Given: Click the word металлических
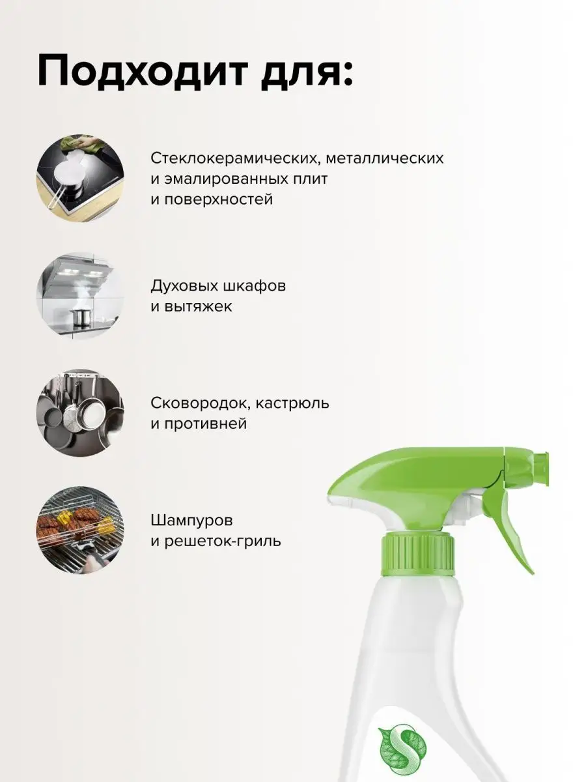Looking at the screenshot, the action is [x=385, y=158].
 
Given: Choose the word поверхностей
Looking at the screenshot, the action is [x=219, y=200].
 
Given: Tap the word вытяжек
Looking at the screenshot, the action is [x=198, y=307].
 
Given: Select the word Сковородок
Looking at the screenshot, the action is [x=201, y=404].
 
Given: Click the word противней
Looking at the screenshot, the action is [x=206, y=424].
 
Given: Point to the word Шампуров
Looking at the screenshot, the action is [x=192, y=521].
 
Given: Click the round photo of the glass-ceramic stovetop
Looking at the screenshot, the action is [x=80, y=178].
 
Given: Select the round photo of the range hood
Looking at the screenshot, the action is [x=80, y=296].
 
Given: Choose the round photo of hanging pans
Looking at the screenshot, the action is [x=80, y=413].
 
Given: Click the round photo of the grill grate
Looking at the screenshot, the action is [x=80, y=530].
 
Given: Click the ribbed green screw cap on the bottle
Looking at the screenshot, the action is [x=418, y=556].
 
